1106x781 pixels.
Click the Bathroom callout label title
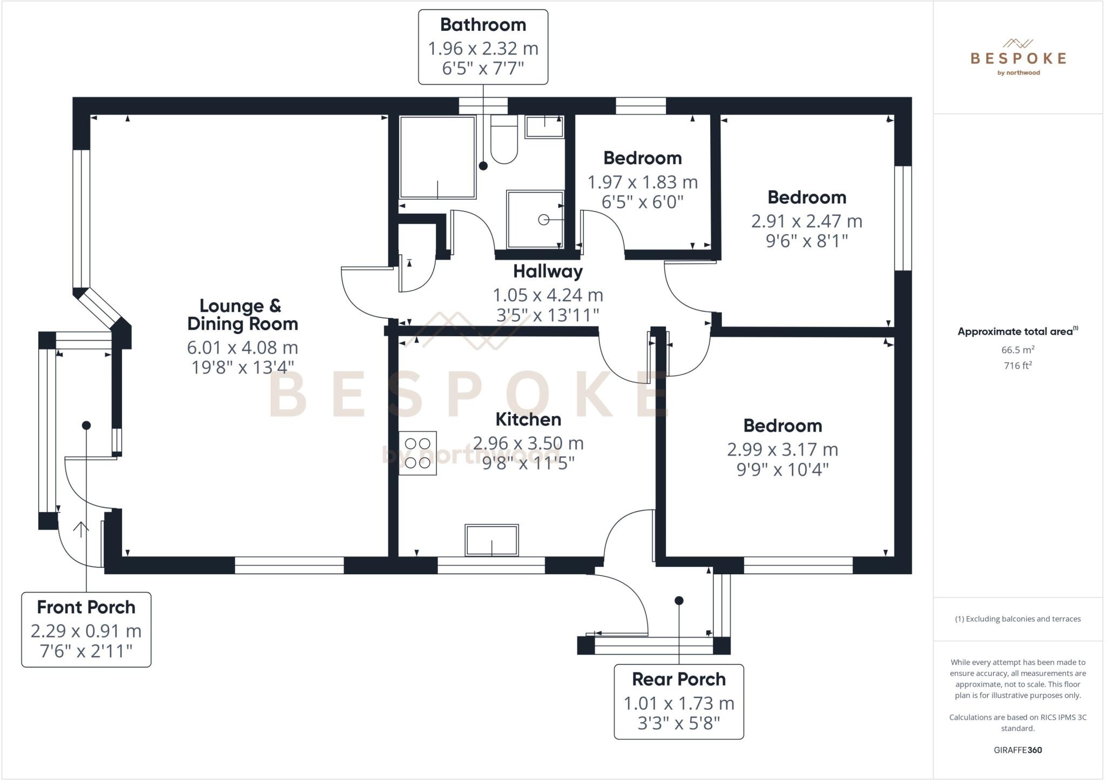click(483, 24)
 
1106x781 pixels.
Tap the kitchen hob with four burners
click(417, 453)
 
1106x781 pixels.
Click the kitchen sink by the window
click(491, 540)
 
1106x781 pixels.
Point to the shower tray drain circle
click(544, 220)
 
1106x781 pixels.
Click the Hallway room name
click(548, 271)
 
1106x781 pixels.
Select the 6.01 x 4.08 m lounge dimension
click(242, 347)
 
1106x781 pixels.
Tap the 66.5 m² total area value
click(1017, 350)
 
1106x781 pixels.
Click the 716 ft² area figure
click(1017, 365)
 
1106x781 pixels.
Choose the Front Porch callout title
click(86, 607)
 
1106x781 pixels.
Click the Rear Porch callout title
click(679, 679)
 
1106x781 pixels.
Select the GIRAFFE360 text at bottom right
click(1017, 750)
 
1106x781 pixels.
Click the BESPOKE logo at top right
click(1018, 58)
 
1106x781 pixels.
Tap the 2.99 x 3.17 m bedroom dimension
click(782, 449)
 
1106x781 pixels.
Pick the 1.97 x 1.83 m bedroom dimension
click(642, 182)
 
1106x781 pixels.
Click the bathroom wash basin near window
click(544, 127)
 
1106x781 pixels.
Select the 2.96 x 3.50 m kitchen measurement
click(528, 443)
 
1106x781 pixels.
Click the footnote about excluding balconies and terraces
click(1017, 619)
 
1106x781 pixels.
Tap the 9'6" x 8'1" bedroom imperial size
click(806, 241)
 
